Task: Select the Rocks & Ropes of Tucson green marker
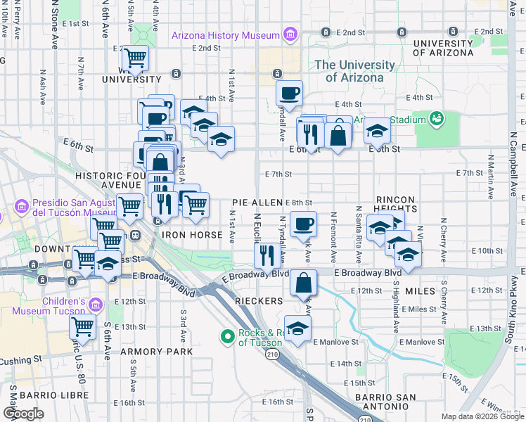click(227, 337)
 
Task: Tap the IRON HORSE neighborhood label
click(186, 235)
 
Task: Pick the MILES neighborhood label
click(420, 290)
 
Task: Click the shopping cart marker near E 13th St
click(82, 326)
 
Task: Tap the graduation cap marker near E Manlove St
click(297, 328)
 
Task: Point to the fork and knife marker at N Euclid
click(267, 255)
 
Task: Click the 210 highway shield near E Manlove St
click(272, 355)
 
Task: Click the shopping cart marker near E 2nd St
click(134, 58)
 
